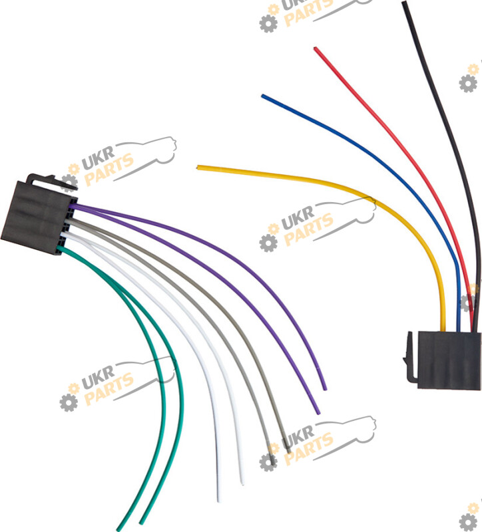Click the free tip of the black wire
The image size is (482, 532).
point(404,3)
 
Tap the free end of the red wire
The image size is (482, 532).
point(315,49)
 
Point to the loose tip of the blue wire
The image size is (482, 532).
point(263,96)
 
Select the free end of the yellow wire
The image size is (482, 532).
point(198,168)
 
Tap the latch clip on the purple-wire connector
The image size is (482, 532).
point(51,181)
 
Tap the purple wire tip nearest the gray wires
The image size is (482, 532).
point(318,413)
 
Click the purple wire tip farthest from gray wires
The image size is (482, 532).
point(325,389)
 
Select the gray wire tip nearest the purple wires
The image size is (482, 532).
point(288,452)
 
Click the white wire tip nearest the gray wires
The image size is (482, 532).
point(242,483)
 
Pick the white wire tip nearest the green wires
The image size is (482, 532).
point(220,500)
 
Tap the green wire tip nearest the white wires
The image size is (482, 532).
point(141,523)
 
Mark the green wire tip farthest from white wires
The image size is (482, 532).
point(119,529)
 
